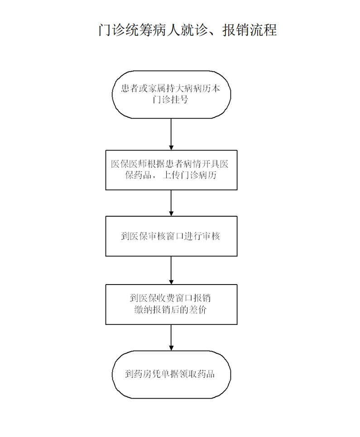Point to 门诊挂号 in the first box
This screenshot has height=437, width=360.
point(171,100)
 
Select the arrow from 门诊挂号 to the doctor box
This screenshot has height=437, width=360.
point(171,134)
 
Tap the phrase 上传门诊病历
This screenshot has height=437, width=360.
point(189,175)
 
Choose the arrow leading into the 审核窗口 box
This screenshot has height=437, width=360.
point(171,203)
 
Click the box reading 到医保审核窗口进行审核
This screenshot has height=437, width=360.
point(171,236)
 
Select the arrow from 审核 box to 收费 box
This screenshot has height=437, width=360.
point(171,271)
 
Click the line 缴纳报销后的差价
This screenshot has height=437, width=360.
point(171,309)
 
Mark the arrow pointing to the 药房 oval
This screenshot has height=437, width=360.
point(171,337)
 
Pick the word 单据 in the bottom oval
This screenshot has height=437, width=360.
point(170,374)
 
